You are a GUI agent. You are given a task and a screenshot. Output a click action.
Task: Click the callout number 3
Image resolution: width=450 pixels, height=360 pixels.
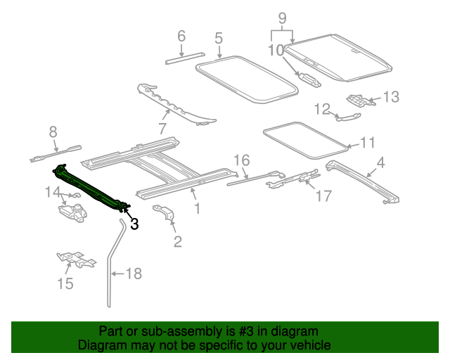tap(134, 224)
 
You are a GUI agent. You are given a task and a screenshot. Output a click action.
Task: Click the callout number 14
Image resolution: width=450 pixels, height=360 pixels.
tap(53, 191)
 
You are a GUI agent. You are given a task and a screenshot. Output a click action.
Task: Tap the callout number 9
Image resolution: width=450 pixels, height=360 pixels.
tap(283, 18)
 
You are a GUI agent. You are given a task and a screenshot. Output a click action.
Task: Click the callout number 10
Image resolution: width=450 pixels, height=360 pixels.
tap(276, 50)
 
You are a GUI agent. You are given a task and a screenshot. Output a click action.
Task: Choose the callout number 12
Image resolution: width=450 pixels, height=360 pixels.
tap(321, 109)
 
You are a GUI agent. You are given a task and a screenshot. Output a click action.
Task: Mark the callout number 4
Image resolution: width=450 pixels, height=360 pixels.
tap(380, 163)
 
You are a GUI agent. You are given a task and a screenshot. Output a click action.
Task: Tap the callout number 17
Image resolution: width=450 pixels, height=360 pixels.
tap(322, 196)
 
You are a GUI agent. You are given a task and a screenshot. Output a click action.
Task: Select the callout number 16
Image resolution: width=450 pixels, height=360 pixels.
tap(241, 160)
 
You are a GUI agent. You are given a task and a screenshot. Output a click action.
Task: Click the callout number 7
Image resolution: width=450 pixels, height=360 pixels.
tap(162, 129)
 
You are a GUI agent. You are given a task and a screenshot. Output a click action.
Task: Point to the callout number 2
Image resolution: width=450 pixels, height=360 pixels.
tap(177, 243)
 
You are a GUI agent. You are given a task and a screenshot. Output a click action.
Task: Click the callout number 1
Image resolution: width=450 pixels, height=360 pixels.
tap(198, 208)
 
